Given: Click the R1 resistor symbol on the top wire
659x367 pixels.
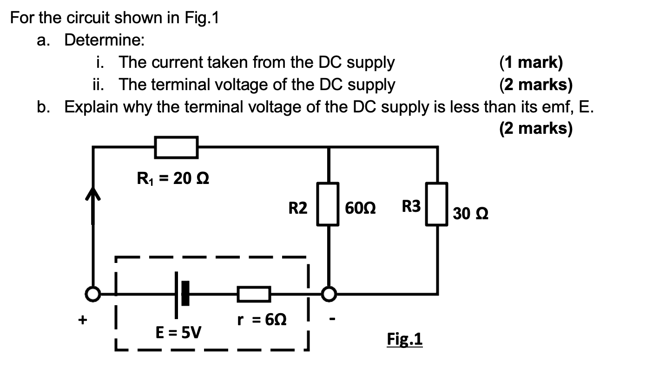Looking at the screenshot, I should pos(176,147).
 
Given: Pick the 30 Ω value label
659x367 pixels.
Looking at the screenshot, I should pos(471,214).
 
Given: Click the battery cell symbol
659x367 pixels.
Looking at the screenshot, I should pos(181,294).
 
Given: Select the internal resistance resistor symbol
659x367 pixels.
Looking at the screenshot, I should pos(254,294).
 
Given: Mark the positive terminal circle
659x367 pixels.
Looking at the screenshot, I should pos(93,294).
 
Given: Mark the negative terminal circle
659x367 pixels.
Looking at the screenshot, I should pos(329,294).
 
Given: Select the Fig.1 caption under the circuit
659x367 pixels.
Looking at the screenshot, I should pos(404,339).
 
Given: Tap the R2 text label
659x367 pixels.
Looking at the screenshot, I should pos(298,209).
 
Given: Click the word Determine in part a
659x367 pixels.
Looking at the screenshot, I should pos(104,40).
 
